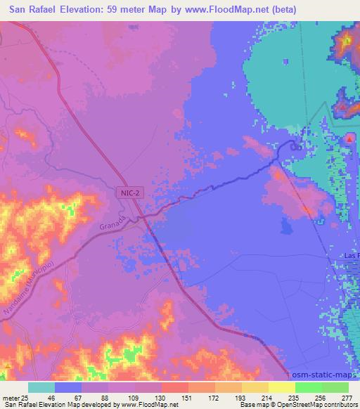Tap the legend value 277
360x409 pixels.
(x=347, y=398)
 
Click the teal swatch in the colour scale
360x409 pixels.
(x=41, y=387)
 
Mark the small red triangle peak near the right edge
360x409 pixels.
(x=349, y=138)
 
